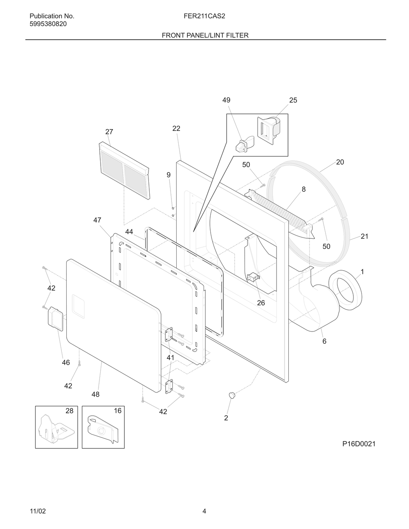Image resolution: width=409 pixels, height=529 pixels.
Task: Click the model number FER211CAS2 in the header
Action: point(204,16)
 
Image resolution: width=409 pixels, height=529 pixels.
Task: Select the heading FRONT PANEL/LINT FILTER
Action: point(205,35)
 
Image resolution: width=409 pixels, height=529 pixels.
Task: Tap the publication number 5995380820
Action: point(48,24)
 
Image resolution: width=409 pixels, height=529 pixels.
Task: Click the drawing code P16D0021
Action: point(359,444)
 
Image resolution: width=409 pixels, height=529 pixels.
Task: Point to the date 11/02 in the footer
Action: point(38,511)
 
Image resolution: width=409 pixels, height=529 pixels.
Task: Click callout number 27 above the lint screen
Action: point(109,132)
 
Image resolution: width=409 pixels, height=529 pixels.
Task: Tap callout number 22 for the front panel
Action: point(176,128)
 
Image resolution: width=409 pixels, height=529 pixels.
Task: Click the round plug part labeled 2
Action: point(231,395)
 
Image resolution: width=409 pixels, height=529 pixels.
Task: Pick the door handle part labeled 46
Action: point(56,319)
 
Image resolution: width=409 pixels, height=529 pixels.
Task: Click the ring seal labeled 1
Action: point(346,291)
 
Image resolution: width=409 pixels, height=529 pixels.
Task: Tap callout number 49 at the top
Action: point(226,100)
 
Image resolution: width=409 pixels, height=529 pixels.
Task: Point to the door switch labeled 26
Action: point(253,278)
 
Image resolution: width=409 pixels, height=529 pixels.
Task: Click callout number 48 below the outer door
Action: point(95,395)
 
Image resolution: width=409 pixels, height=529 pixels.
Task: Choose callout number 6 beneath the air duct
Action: point(324,341)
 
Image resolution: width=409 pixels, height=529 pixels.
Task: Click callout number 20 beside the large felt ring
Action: point(340,162)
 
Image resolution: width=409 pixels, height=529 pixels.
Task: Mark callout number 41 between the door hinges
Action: point(171,358)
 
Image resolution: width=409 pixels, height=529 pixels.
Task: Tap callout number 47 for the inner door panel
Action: point(97,220)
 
